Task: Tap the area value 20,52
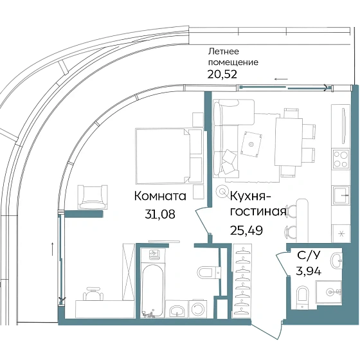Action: pos(220,74)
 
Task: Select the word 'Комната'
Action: pos(160,196)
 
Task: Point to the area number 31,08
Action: pos(159,215)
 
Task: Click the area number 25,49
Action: pos(246,228)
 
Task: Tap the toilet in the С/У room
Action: pos(303,298)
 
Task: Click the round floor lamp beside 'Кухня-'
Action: pos(222,190)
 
